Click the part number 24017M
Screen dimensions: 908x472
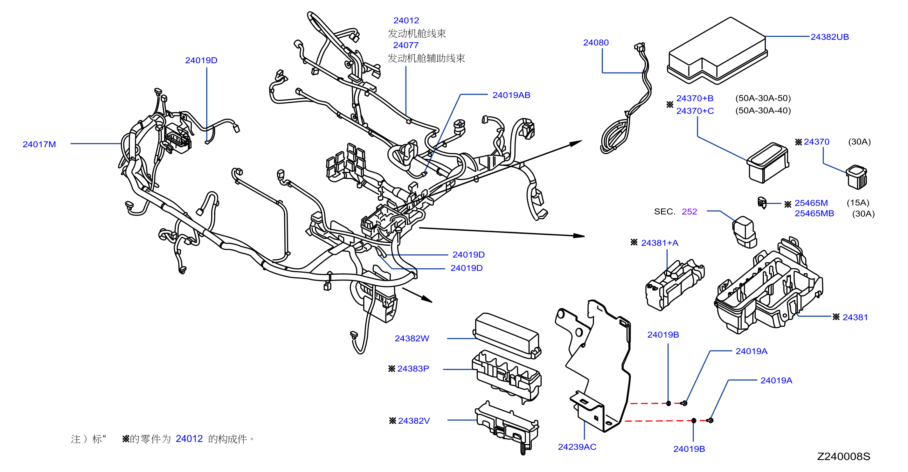pyautogui.click(x=39, y=144)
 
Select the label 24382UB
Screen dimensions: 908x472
pyautogui.click(x=829, y=37)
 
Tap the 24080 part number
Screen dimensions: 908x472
pyautogui.click(x=596, y=42)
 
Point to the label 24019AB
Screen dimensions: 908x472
pyautogui.click(x=511, y=95)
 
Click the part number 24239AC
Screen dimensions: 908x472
pyautogui.click(x=577, y=447)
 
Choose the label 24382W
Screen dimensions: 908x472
pyautogui.click(x=412, y=338)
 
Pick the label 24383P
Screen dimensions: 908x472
pyautogui.click(x=413, y=368)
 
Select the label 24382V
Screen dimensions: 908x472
pyautogui.click(x=414, y=420)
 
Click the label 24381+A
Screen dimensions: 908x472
pyautogui.click(x=660, y=243)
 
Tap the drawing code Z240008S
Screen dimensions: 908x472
pyautogui.click(x=843, y=456)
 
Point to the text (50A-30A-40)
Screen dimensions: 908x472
pyautogui.click(x=763, y=110)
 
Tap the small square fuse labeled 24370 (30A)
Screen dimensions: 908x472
pyautogui.click(x=856, y=177)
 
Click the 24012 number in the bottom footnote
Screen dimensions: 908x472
pyautogui.click(x=189, y=439)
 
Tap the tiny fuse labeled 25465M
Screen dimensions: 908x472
pyautogui.click(x=762, y=202)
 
